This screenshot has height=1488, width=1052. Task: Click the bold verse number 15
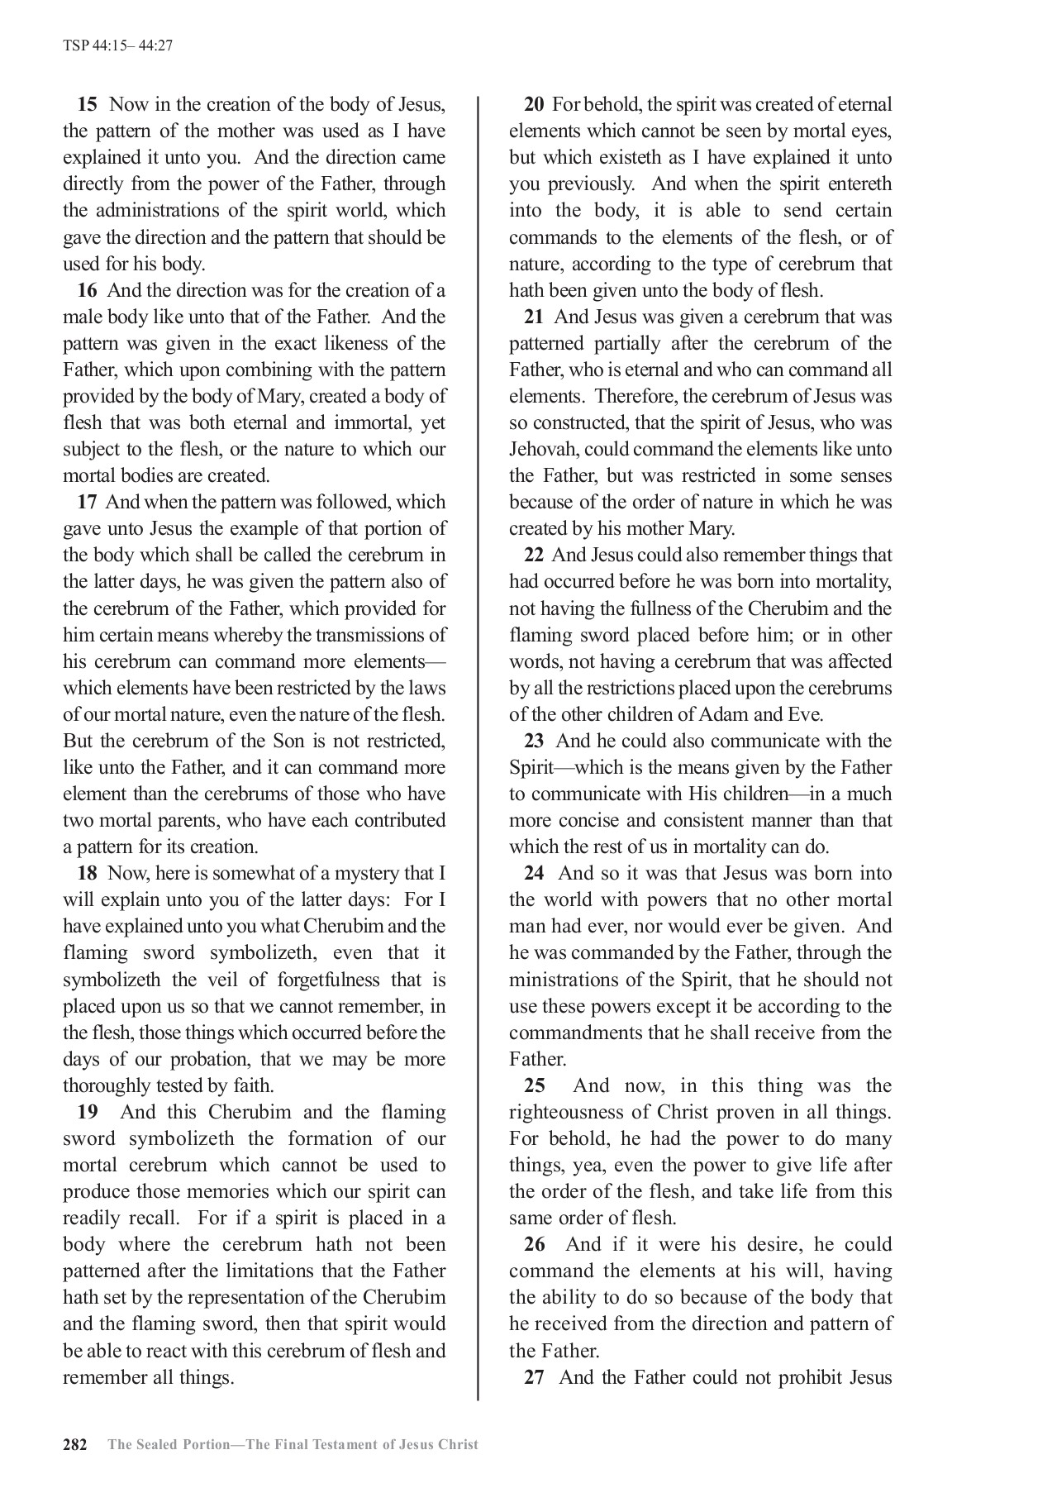pos(88,105)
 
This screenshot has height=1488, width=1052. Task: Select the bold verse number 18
pos(88,874)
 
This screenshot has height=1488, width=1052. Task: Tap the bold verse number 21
pos(534,317)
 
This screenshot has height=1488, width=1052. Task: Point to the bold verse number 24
pos(534,874)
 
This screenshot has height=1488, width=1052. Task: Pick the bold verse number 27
pos(534,1377)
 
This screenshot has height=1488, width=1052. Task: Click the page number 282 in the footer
pos(75,1445)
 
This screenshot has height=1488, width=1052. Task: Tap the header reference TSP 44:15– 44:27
pos(117,45)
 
